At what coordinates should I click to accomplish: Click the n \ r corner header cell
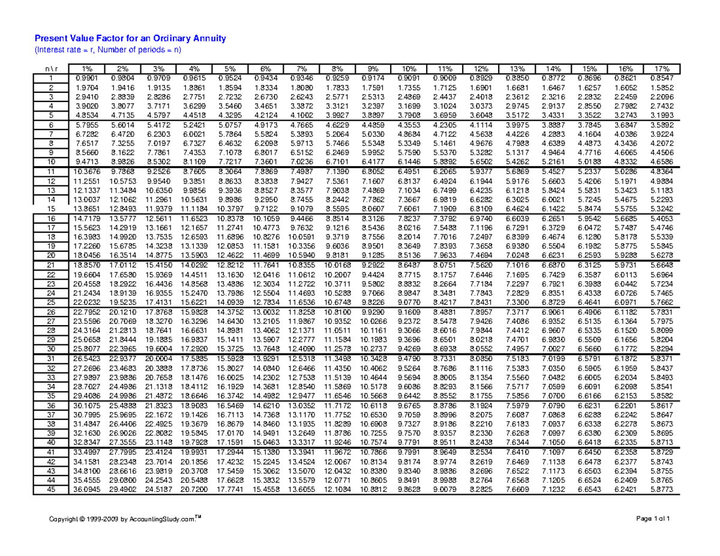(x=51, y=69)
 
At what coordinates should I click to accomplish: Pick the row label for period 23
(x=51, y=284)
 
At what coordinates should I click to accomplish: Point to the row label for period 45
(x=51, y=489)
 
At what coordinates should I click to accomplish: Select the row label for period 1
(x=51, y=78)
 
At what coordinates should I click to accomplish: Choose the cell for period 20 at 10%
(x=409, y=255)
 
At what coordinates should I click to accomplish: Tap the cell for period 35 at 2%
(x=121, y=396)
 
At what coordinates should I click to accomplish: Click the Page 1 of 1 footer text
(x=660, y=518)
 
